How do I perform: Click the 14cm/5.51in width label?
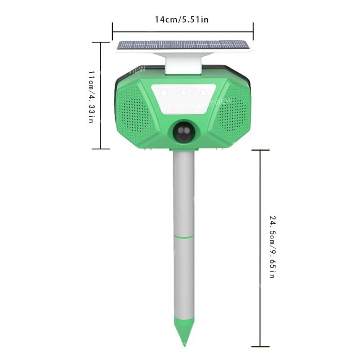pos(181,19)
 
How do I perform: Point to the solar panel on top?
pos(183,45)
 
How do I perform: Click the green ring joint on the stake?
pos(184,237)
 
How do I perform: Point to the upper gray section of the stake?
pos(184,193)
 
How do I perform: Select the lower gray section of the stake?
pos(184,277)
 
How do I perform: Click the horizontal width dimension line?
pos(183,32)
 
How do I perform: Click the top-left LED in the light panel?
pos(164,93)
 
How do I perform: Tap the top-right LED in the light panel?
pos(203,93)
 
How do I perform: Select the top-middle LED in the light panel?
pos(184,93)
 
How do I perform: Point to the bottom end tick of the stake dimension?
pos(260,346)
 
